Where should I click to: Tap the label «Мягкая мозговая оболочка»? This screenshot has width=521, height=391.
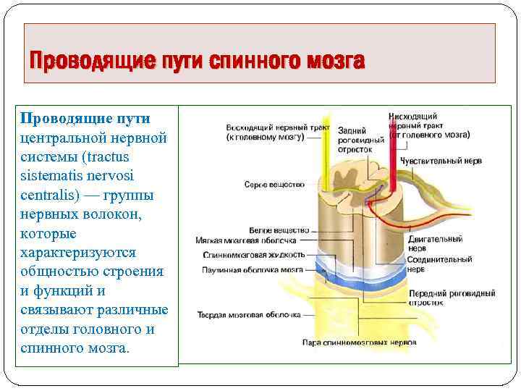coord(246,240)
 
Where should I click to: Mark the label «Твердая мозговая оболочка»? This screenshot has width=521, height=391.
coord(238,315)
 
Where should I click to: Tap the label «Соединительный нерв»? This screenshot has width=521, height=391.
coord(439,264)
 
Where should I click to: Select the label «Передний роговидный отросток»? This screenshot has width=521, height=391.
coord(452,298)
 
